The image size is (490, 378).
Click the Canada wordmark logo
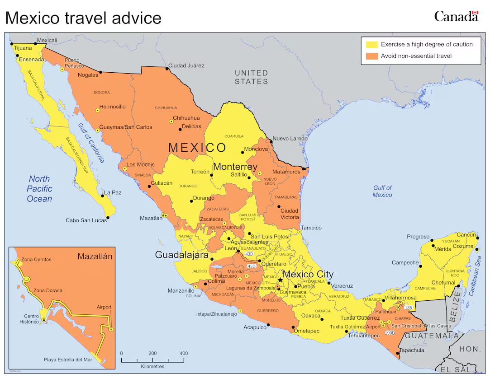click(x=456, y=16)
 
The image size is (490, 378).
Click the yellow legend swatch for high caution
click(x=372, y=44)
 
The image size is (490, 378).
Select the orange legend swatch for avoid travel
click(x=372, y=56)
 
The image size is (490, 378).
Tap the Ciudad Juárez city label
click(x=186, y=65)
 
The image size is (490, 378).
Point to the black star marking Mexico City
click(x=280, y=280)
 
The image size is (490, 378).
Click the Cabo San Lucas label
click(x=86, y=220)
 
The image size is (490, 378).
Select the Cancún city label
click(x=466, y=235)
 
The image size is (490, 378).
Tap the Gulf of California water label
click(x=91, y=143)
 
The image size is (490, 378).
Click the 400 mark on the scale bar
click(x=184, y=354)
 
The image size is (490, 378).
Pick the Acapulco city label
click(x=255, y=327)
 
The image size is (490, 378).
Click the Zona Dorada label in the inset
click(x=48, y=290)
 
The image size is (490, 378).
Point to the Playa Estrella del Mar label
click(x=67, y=360)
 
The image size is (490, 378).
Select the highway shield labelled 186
click(x=409, y=308)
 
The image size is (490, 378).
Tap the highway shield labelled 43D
click(x=249, y=254)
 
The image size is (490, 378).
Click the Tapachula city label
click(x=412, y=350)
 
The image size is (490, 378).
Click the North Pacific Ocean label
click(x=39, y=189)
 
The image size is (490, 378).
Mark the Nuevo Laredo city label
click(x=290, y=139)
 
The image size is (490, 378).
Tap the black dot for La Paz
click(x=103, y=196)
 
